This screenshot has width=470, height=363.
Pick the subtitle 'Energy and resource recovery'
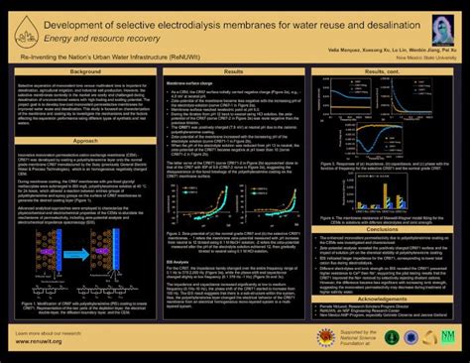click(120, 34)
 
